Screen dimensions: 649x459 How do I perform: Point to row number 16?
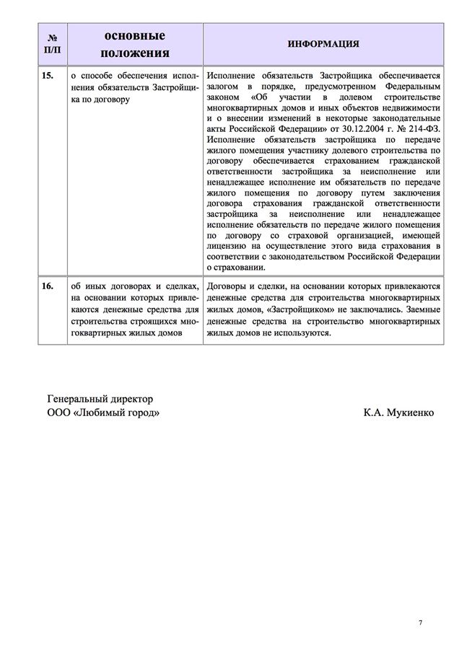[x=48, y=286]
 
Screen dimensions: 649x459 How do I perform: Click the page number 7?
[x=421, y=622]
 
